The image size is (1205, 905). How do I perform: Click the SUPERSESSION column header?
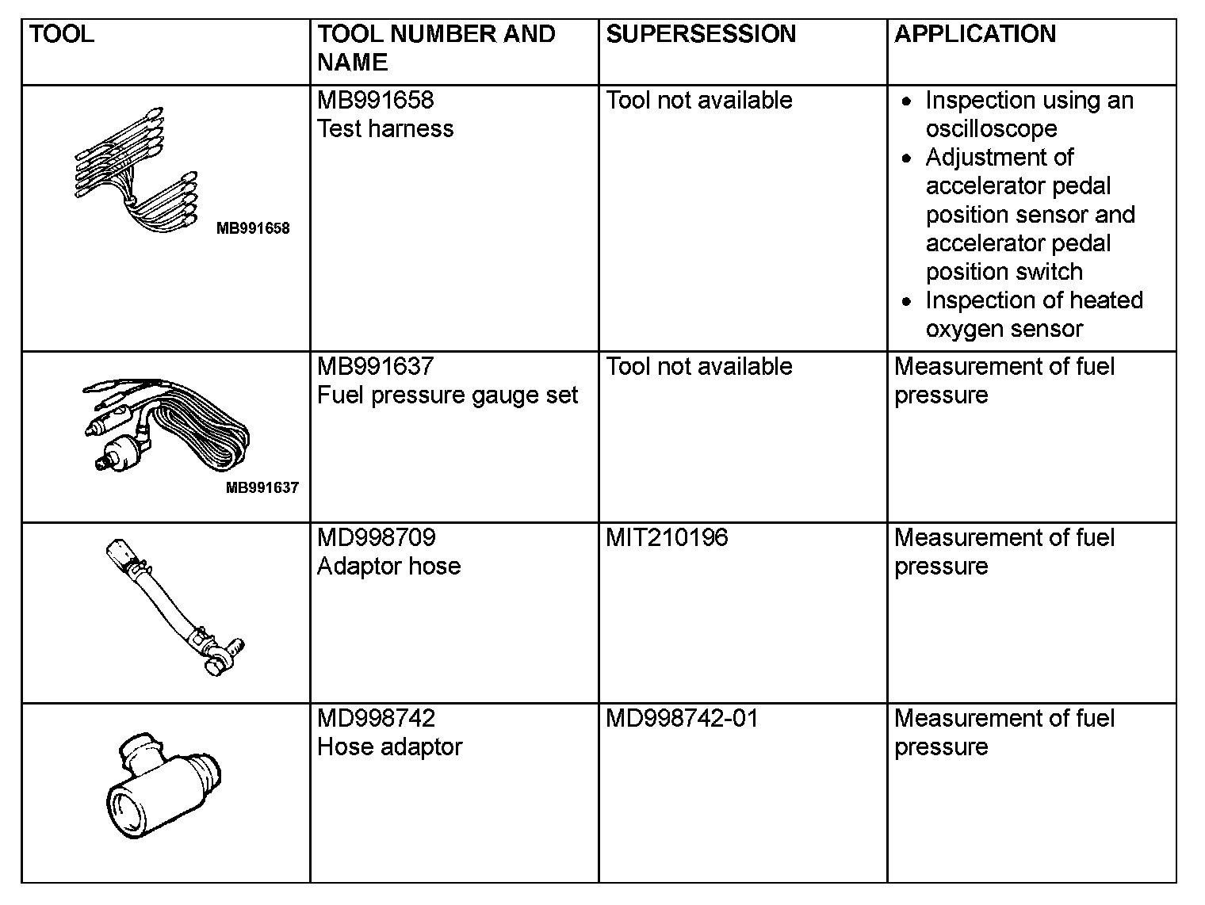701,34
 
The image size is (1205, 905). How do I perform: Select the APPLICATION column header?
974,34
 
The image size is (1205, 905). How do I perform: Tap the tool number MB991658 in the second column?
376,101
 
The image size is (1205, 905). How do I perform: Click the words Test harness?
385,129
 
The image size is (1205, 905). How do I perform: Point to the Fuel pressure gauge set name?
447,395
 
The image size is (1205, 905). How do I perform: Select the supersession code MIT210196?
667,538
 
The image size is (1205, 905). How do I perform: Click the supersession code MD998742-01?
682,719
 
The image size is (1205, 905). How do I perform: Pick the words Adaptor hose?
388,567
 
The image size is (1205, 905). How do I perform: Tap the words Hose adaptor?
389,747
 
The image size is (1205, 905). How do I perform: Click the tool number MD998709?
376,538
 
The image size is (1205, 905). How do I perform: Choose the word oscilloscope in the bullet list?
991,129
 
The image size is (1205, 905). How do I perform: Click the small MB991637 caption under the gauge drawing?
262,488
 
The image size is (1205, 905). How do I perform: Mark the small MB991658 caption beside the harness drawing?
253,229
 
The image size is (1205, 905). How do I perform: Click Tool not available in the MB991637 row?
699,367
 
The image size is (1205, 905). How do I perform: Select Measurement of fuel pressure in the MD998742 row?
1004,733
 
